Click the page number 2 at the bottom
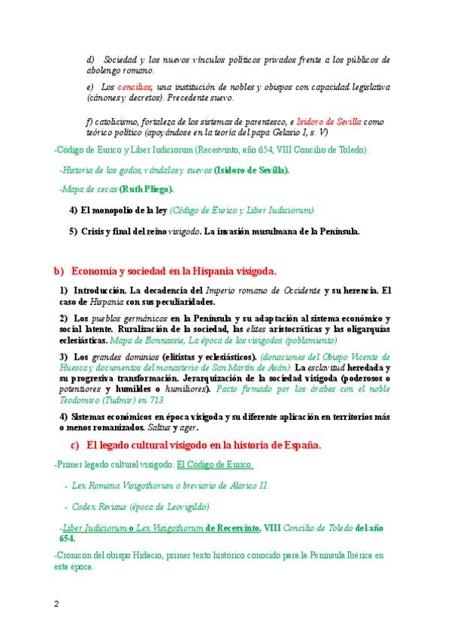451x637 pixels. click(56, 603)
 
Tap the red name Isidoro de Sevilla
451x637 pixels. click(328, 121)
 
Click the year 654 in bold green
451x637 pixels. click(67, 539)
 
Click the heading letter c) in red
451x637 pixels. click(75, 445)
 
